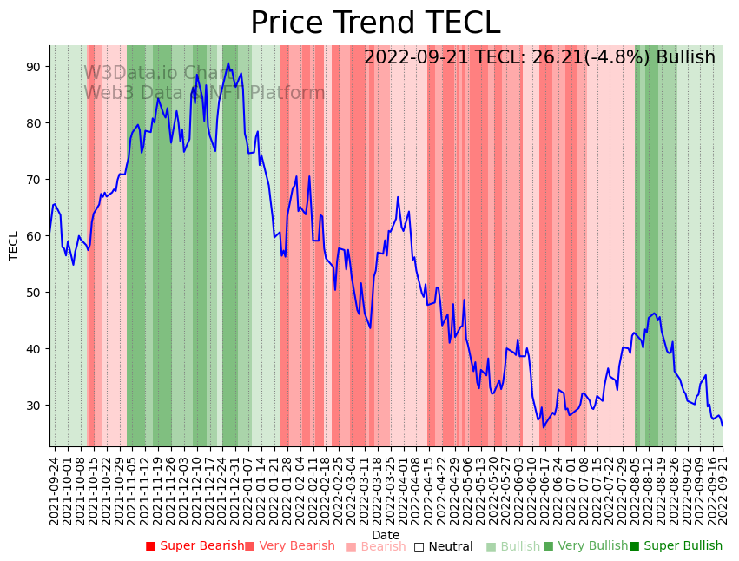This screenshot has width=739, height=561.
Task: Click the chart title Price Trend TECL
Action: click(x=375, y=23)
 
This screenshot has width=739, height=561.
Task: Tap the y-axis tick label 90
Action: click(x=37, y=67)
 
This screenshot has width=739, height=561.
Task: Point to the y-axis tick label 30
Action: click(x=37, y=406)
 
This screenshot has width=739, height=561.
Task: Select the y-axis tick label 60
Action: click(x=37, y=236)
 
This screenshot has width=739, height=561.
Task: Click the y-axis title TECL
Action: click(x=14, y=246)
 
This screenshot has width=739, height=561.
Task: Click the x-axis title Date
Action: click(x=386, y=536)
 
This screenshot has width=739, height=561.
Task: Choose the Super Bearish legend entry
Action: click(x=195, y=546)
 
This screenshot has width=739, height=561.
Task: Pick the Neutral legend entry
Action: click(x=443, y=547)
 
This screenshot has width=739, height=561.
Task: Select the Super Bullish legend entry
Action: click(x=676, y=546)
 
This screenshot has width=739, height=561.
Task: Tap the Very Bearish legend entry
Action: click(x=289, y=546)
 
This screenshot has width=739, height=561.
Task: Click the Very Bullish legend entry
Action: click(x=585, y=546)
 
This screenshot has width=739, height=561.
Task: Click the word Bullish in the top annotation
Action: click(x=685, y=58)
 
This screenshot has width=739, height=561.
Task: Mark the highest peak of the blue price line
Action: click(x=228, y=63)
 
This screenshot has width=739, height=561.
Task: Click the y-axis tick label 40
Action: click(x=37, y=349)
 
